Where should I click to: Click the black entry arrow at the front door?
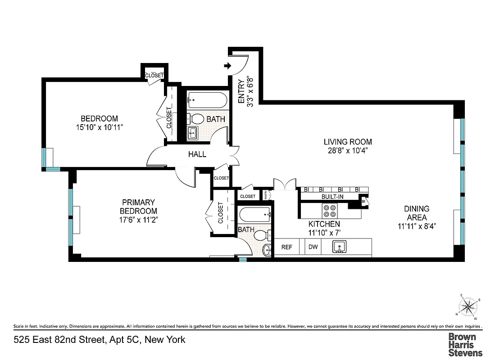coord(227,66)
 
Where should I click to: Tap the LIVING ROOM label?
coord(348,142)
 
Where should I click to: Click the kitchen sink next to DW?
coord(340,247)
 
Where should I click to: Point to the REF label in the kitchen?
coord(287,247)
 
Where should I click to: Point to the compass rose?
coord(469,307)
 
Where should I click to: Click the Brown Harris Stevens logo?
coord(465,344)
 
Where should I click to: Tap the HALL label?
coord(197,154)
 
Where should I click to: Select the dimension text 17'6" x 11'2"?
coord(138,220)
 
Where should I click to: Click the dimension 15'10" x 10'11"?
coord(100,127)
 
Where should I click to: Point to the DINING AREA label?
coord(416,213)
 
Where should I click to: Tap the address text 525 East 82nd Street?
coord(99,339)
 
